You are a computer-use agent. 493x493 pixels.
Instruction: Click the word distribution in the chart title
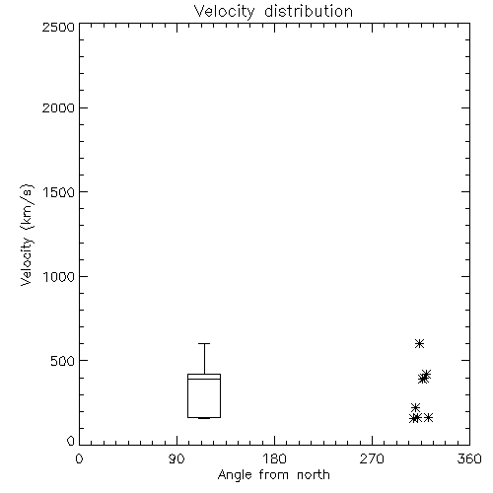click(309, 11)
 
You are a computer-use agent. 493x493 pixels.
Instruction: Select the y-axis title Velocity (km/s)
click(27, 235)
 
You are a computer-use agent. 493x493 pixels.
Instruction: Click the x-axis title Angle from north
click(274, 475)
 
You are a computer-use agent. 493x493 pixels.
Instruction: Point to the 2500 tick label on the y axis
click(58, 27)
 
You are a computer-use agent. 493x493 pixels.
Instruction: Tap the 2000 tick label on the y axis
click(58, 107)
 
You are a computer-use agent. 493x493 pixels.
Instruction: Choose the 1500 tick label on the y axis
click(59, 192)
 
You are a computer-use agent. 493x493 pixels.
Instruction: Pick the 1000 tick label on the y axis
click(59, 276)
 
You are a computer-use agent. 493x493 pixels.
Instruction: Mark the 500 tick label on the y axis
click(63, 361)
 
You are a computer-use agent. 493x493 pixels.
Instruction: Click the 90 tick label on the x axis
click(176, 458)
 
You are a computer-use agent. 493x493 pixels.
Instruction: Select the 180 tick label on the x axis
click(274, 458)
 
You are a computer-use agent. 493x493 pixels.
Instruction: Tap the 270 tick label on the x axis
click(372, 458)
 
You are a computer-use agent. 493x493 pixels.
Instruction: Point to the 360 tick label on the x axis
click(469, 458)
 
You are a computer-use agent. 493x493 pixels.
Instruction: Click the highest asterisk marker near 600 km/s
click(419, 344)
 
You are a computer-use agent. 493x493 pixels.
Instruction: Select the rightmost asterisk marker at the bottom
click(428, 418)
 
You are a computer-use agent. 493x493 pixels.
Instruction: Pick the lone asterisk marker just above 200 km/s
click(415, 407)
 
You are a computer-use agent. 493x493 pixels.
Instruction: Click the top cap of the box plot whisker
click(204, 343)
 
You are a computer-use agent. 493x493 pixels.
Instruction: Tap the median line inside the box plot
click(204, 379)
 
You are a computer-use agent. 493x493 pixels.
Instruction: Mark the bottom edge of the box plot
click(204, 417)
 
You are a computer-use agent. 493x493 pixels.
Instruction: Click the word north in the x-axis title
click(314, 475)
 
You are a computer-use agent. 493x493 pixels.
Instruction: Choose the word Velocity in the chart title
click(224, 12)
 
